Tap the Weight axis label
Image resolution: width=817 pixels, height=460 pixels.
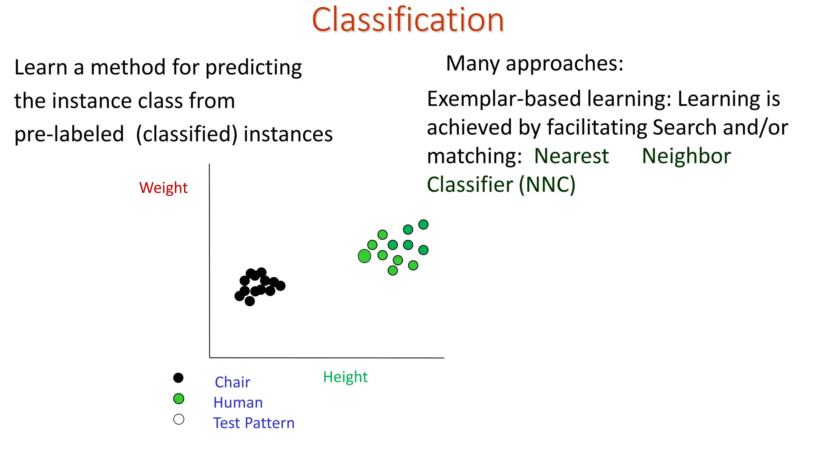(x=163, y=188)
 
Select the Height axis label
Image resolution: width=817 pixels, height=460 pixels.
(x=345, y=377)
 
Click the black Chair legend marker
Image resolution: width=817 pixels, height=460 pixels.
(x=178, y=378)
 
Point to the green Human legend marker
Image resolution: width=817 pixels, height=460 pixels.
(x=179, y=399)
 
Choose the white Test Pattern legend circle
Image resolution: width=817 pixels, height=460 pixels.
(x=179, y=419)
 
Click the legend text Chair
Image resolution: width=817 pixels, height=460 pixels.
(x=232, y=382)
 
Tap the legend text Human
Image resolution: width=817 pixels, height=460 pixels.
(x=238, y=402)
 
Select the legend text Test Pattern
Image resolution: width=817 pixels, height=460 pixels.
(x=254, y=423)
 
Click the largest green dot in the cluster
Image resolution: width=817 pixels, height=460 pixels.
(x=364, y=256)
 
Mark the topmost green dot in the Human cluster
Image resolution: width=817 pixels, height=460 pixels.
(x=423, y=224)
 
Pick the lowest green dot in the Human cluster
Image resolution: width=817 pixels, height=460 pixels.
(x=393, y=270)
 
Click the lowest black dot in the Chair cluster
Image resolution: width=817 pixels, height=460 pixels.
(x=250, y=301)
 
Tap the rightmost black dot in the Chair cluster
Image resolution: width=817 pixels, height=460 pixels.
(x=280, y=286)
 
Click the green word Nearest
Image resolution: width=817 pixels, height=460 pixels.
(x=571, y=156)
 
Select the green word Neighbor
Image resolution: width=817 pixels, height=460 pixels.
(x=686, y=156)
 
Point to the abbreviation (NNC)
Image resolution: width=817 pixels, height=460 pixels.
(x=547, y=184)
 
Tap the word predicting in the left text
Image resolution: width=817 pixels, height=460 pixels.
(x=253, y=67)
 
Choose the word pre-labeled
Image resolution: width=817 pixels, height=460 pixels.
(x=69, y=134)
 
